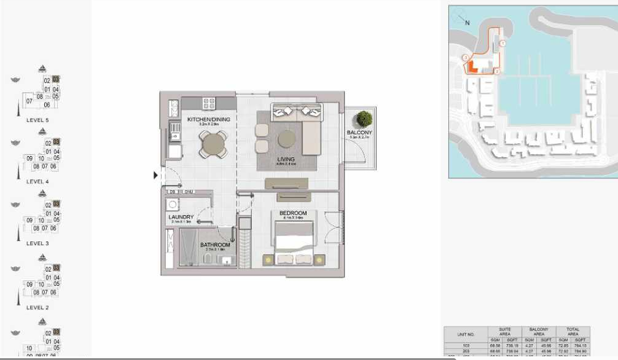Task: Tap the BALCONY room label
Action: click(x=359, y=133)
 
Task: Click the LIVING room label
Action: click(x=286, y=159)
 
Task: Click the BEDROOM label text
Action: click(x=292, y=213)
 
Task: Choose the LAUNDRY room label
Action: click(x=181, y=217)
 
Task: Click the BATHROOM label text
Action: click(x=215, y=245)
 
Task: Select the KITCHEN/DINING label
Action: click(x=209, y=119)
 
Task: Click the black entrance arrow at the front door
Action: click(x=155, y=176)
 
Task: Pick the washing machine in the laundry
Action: click(x=173, y=205)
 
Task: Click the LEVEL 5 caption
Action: click(x=37, y=120)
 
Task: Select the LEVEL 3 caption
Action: click(x=37, y=243)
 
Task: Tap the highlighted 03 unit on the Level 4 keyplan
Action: click(x=56, y=142)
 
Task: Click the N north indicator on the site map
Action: click(x=467, y=23)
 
